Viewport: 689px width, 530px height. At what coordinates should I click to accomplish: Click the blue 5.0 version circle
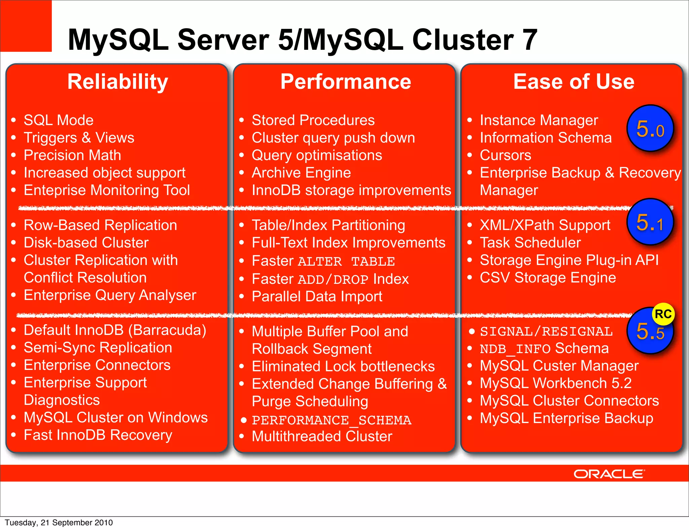point(650,128)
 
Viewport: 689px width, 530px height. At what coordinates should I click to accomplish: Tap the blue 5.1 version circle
point(650,222)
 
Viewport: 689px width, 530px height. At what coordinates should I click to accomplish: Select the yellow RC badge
point(663,314)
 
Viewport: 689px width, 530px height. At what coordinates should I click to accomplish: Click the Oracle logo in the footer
point(609,474)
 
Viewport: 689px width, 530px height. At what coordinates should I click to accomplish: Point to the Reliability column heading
point(118,82)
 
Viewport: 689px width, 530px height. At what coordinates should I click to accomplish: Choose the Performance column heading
point(346,82)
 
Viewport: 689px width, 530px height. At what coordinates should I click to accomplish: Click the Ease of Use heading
point(574,82)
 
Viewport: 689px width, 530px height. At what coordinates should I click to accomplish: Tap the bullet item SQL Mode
point(59,120)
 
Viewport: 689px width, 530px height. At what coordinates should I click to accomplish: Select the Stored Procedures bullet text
point(313,120)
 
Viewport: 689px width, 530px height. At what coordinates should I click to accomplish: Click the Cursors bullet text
point(505,155)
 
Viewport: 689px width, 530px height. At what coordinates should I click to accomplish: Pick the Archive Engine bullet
point(301,173)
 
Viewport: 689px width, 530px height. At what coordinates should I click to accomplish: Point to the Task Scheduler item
point(530,242)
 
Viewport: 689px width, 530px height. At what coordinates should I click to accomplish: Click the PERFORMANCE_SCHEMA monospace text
point(331,420)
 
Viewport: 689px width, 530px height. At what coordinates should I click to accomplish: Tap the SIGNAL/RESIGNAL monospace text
point(546,332)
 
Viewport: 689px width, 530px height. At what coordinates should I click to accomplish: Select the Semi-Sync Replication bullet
point(98,347)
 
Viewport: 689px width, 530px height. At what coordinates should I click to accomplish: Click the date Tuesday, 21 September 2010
point(59,522)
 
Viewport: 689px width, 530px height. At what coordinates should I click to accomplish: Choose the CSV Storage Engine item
point(548,277)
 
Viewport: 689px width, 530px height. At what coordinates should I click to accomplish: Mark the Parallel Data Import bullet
point(317,296)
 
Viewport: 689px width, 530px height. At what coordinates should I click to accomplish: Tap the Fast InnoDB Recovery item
point(98,435)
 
